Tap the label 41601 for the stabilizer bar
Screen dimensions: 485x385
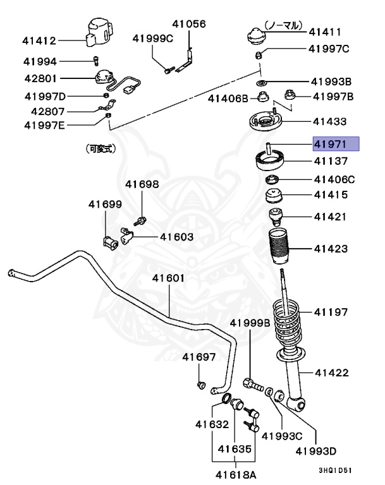click(168, 278)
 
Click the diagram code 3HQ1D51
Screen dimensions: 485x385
click(338, 470)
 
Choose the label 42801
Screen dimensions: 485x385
click(40, 79)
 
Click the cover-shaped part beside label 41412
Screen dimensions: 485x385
click(97, 33)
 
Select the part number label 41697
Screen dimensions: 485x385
click(199, 357)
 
